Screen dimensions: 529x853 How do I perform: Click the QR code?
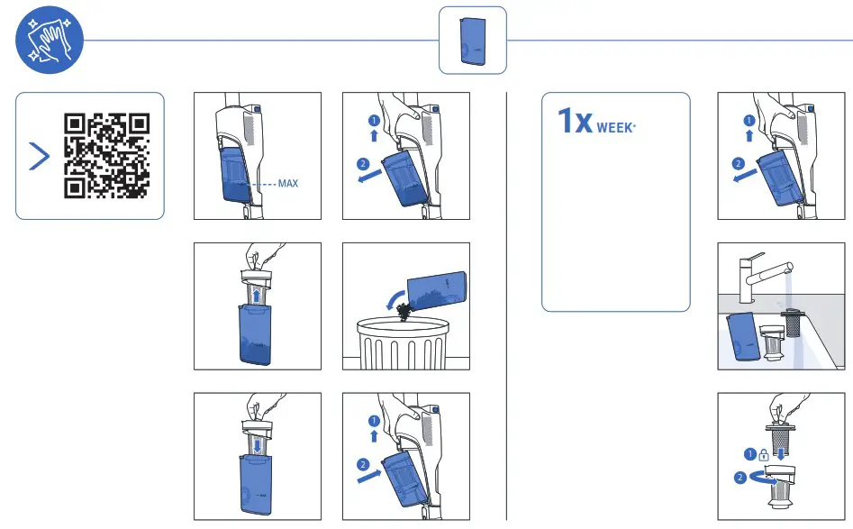[106, 155]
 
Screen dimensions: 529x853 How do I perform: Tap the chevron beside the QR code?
[39, 155]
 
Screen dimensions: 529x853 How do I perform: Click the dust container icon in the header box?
[472, 41]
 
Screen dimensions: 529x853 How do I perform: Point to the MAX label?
[288, 184]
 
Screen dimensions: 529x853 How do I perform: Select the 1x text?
[575, 122]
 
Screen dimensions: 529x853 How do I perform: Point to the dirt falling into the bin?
[403, 309]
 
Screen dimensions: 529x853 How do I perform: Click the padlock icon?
[763, 454]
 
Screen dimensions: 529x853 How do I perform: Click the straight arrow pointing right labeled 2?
[370, 472]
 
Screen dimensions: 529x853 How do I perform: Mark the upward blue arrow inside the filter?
[257, 296]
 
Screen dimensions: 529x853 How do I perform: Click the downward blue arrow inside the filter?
[257, 443]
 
